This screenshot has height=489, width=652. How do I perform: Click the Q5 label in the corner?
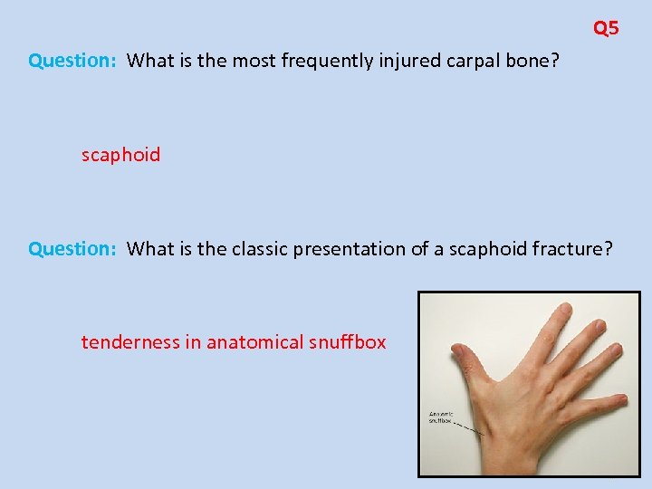(606, 28)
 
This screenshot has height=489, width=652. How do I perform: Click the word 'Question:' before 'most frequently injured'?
(72, 61)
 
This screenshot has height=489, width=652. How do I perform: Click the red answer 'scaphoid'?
(120, 155)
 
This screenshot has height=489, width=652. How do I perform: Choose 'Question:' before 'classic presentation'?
(72, 249)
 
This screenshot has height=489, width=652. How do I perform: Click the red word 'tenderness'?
(126, 342)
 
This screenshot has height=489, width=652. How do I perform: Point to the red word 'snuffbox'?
(349, 342)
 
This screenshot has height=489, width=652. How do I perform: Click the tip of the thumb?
(458, 351)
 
